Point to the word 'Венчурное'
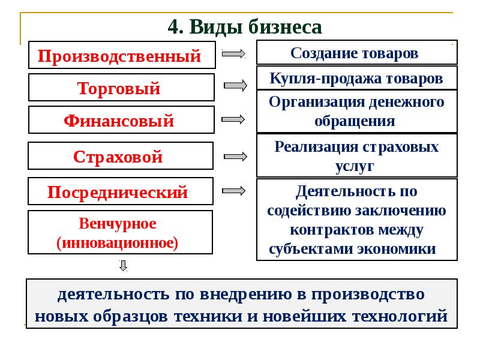pyautogui.click(x=118, y=224)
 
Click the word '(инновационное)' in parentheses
pyautogui.click(x=118, y=243)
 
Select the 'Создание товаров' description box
pyautogui.click(x=356, y=52)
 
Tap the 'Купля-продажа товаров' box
pyautogui.click(x=356, y=78)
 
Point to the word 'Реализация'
pyautogui.click(x=314, y=146)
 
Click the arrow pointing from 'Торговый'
pyautogui.click(x=236, y=86)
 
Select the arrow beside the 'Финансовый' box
pyautogui.click(x=234, y=119)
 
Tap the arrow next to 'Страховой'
pyautogui.click(x=236, y=156)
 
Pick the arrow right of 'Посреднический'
pyautogui.click(x=234, y=190)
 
